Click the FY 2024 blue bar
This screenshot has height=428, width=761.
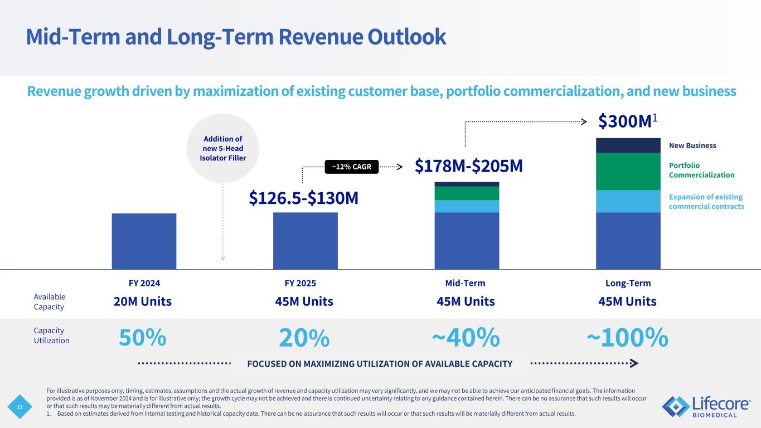[144, 241]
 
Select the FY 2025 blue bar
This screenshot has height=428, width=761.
[305, 241]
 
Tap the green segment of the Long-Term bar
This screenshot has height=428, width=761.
[628, 172]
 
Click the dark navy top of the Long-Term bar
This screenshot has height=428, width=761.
[628, 145]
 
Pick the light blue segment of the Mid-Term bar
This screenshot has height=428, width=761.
[467, 206]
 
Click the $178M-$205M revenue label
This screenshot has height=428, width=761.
[469, 166]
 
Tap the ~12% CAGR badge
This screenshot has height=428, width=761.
[351, 166]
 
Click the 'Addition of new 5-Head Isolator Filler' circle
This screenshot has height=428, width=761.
[222, 148]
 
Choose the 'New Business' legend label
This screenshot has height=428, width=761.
[692, 145]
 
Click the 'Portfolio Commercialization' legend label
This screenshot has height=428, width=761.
[701, 170]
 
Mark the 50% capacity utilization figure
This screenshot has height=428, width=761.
[143, 337]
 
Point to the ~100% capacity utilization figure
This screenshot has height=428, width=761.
[627, 337]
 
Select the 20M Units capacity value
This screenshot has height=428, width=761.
[143, 301]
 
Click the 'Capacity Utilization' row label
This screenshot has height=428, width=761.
[52, 335]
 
